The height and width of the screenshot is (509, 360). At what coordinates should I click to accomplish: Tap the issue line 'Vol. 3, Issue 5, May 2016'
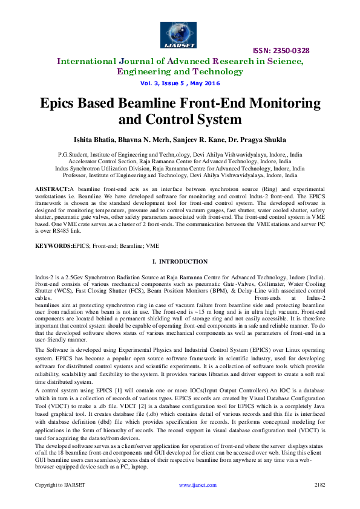[180, 83]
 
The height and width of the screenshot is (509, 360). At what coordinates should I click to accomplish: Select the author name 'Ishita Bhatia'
[93, 140]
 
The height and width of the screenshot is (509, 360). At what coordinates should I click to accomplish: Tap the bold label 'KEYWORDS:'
[54, 247]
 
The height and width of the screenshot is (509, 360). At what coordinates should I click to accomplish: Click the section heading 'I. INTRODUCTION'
[180, 262]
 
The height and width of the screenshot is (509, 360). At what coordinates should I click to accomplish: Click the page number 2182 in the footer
[320, 485]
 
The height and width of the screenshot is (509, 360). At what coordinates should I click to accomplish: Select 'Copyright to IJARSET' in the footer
[59, 485]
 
